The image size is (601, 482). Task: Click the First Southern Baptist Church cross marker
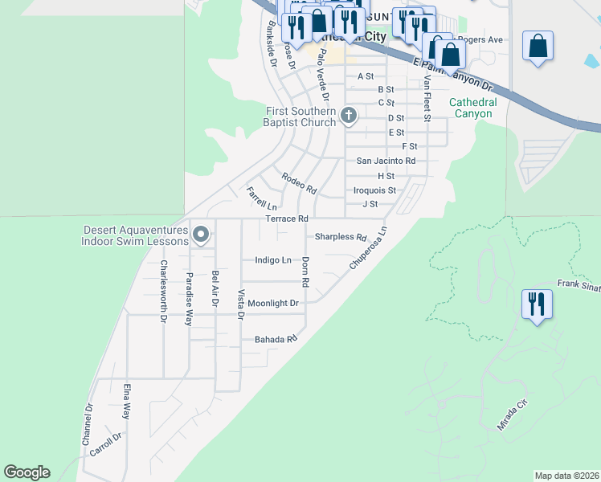349,116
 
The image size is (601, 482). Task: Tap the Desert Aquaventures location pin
202,235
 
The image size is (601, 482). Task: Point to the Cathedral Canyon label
472,108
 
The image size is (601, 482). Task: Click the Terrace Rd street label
287,219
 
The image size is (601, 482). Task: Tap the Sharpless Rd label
340,237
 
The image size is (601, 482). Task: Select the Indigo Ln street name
272,260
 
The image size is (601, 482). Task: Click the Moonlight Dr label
273,304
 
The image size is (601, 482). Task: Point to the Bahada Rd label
276,340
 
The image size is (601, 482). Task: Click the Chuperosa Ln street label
368,247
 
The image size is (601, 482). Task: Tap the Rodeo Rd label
299,183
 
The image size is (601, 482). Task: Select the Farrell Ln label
261,198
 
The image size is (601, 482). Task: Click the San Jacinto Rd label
386,161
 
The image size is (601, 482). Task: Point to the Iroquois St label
375,190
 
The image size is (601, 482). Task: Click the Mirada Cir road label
511,413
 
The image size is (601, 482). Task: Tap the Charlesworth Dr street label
163,290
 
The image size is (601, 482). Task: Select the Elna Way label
126,402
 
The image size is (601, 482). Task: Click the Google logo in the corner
27,472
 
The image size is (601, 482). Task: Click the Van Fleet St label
427,100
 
